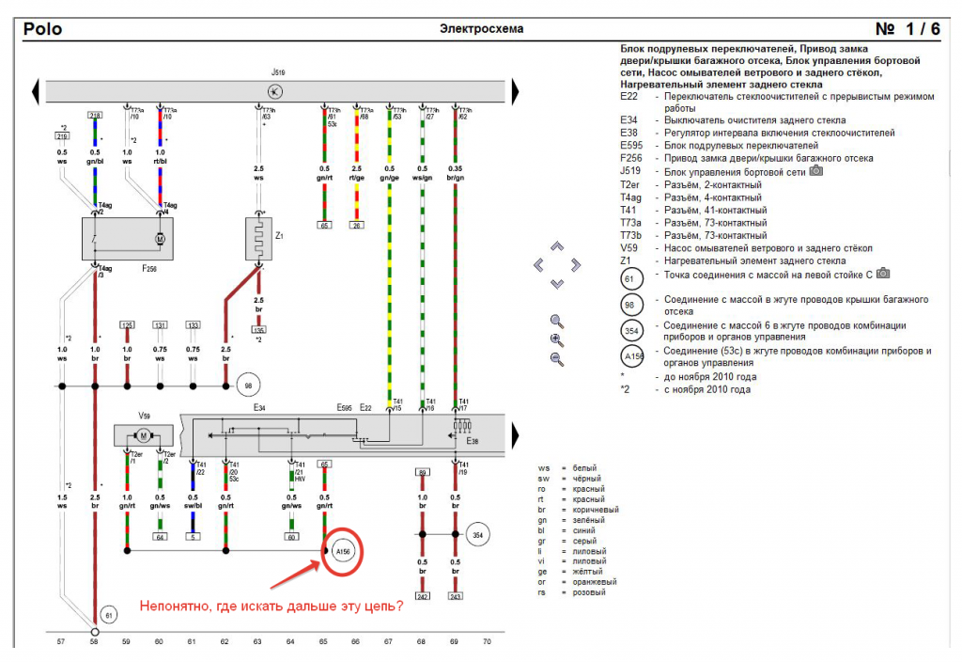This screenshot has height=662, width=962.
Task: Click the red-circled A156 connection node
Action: pyautogui.click(x=341, y=550)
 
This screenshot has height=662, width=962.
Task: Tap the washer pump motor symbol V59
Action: pyautogui.click(x=144, y=435)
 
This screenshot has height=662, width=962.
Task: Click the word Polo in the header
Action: pyautogui.click(x=43, y=29)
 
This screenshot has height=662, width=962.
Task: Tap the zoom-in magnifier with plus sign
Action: pyautogui.click(x=557, y=340)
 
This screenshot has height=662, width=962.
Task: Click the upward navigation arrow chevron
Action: pyautogui.click(x=556, y=246)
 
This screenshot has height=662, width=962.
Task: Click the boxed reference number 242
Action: pyautogui.click(x=422, y=596)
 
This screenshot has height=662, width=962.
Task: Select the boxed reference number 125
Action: pyautogui.click(x=127, y=325)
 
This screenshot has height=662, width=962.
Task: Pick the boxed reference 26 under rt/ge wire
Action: pyautogui.click(x=356, y=226)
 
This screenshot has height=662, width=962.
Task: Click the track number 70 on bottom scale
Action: pyautogui.click(x=487, y=641)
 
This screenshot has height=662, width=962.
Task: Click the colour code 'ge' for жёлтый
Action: pyautogui.click(x=543, y=571)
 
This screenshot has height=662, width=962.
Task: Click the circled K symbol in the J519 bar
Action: pyautogui.click(x=273, y=91)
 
